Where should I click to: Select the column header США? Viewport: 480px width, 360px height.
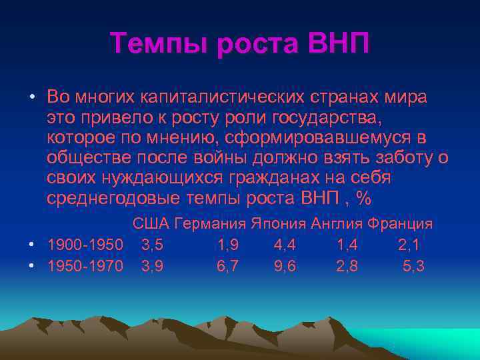151,223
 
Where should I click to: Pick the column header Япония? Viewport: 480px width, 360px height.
278,223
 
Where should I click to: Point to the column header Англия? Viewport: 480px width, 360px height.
336,223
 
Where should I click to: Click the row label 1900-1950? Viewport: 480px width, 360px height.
85,245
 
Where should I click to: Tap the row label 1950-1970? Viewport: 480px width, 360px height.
85,266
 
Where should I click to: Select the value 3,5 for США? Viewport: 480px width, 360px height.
152,245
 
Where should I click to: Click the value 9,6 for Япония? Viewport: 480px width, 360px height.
285,266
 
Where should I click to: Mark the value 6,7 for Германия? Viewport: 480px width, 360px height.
229,266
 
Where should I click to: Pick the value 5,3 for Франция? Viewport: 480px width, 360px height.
415,266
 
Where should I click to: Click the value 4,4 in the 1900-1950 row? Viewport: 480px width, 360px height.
285,245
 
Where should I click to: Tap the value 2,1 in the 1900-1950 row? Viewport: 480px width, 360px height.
409,245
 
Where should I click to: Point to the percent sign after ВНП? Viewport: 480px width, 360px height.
363,199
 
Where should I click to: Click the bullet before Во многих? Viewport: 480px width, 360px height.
32,97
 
